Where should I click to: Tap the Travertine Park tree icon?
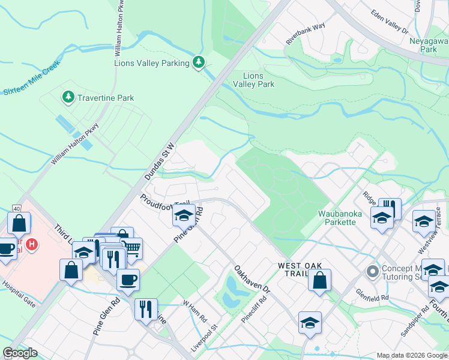click(68, 97)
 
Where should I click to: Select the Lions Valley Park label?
click(258, 80)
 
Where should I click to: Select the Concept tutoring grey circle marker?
click(372, 272)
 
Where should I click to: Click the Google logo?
click(20, 353)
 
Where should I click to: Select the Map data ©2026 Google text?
click(411, 355)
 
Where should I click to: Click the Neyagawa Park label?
click(429, 45)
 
